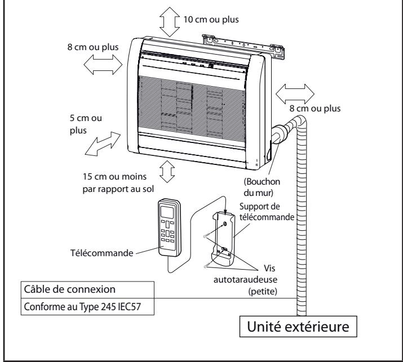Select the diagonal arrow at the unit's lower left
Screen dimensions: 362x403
pos(105,144)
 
